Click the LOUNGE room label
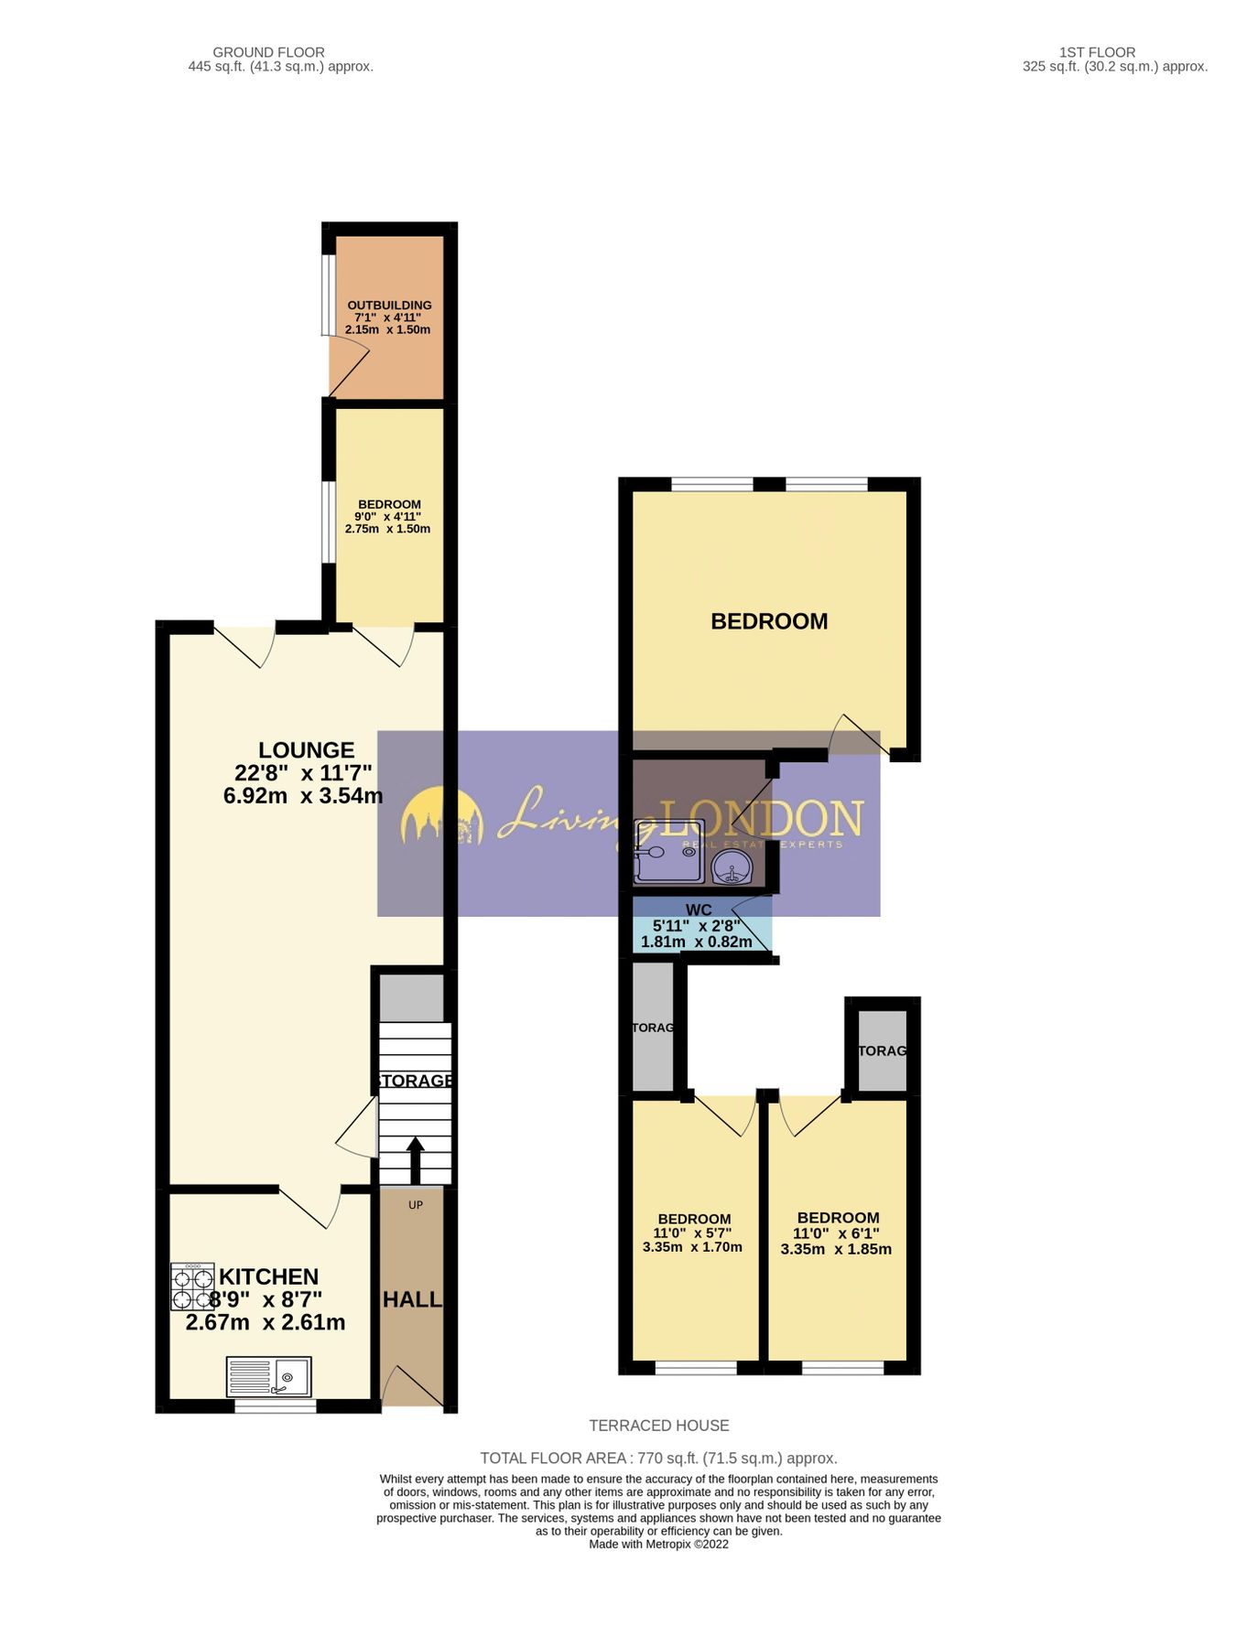[306, 751]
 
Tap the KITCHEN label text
[268, 1276]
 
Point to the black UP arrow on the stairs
[415, 1159]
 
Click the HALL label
[412, 1299]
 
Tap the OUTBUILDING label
[389, 306]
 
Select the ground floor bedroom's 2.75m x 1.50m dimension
[387, 529]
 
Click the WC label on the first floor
[699, 910]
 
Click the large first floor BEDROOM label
[769, 621]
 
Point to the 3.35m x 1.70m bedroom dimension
[692, 1247]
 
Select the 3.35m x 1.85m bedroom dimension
[836, 1249]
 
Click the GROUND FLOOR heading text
[268, 52]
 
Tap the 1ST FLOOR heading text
[1097, 52]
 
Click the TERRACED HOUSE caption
[659, 1426]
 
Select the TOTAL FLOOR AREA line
[659, 1459]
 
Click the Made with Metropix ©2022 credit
[659, 1545]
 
